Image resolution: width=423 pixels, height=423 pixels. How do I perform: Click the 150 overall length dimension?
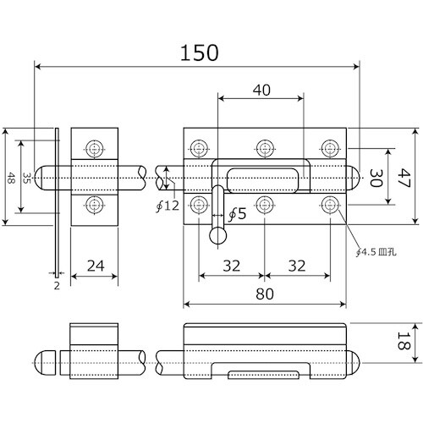(199, 52)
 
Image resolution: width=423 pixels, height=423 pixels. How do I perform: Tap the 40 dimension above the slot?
(261, 90)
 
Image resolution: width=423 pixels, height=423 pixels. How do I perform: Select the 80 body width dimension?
(265, 294)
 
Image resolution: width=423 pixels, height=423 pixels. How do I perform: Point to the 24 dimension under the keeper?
(96, 266)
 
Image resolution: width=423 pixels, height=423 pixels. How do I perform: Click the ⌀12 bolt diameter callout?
(168, 206)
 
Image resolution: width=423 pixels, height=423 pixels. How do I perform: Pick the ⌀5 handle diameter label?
(237, 214)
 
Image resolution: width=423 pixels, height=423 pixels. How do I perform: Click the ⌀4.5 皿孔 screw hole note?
(376, 252)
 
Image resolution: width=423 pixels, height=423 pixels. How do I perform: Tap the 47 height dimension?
(405, 178)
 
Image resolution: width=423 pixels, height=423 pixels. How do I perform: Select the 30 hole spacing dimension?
(376, 178)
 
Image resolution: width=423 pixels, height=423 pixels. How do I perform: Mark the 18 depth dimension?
(404, 341)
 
